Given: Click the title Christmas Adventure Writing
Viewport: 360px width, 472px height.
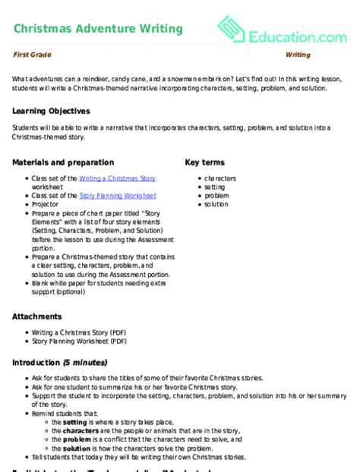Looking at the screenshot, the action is (x=98, y=29).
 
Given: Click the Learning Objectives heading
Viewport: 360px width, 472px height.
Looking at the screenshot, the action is (x=52, y=110).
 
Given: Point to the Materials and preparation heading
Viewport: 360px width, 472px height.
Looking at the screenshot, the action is (x=64, y=162).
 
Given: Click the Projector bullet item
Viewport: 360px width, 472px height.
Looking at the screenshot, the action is (x=46, y=204).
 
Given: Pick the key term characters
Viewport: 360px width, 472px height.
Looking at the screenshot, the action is (x=220, y=178).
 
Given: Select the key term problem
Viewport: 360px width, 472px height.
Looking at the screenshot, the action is (x=216, y=195).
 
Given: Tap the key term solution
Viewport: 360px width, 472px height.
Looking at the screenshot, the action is (x=216, y=204).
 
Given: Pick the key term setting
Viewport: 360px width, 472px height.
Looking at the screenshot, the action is (x=215, y=187).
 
